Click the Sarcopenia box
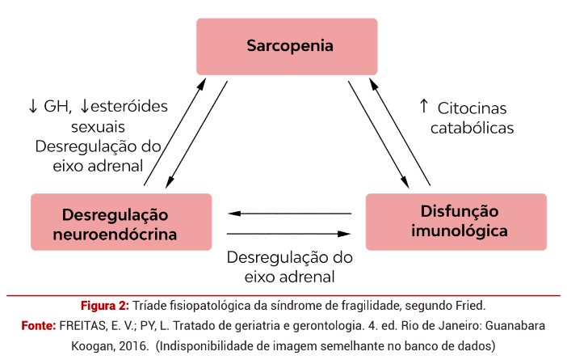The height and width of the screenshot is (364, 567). tap(287, 46)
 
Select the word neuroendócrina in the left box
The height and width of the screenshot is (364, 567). tap(121, 235)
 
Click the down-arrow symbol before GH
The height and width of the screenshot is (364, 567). tap(33, 106)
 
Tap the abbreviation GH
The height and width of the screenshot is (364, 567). tap(57, 106)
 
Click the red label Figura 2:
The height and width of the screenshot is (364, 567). tap(104, 306)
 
